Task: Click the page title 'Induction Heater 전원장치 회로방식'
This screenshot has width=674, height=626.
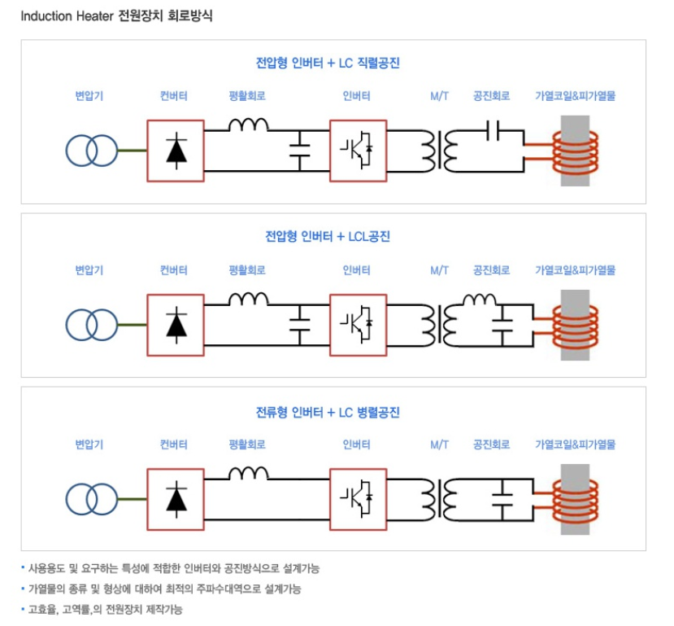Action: point(116,15)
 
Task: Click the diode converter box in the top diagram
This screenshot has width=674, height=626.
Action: point(176,151)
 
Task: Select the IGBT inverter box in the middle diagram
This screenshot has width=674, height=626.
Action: point(358,325)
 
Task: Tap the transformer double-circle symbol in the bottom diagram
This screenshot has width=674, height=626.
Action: point(92,498)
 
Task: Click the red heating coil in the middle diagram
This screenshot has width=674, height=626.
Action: point(575,324)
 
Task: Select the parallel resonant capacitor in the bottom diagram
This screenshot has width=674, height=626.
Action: point(503,498)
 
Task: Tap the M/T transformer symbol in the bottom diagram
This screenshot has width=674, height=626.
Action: point(438,498)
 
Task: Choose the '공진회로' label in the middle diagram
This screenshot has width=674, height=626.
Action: point(491,270)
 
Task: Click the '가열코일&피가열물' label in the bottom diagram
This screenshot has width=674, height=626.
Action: point(575,444)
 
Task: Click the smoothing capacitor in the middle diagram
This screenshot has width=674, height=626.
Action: point(300,324)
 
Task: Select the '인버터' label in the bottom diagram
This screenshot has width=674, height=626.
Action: point(357,444)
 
